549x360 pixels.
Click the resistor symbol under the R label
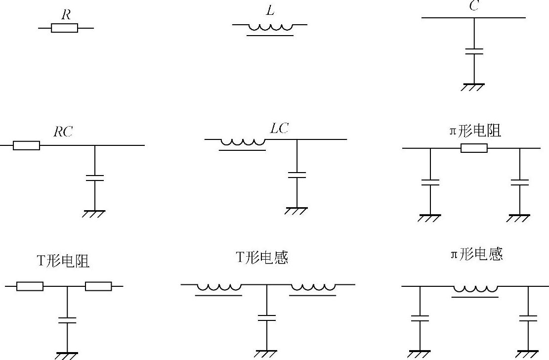pyautogui.click(x=65, y=28)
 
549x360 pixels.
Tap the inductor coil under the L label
pyautogui.click(x=270, y=28)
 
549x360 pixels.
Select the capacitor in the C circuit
pyautogui.click(x=474, y=51)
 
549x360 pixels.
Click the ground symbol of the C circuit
pyautogui.click(x=473, y=87)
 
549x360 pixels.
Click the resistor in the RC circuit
pyautogui.click(x=26, y=145)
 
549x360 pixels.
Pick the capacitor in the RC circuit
pyautogui.click(x=95, y=178)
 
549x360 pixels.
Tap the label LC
pyautogui.click(x=280, y=129)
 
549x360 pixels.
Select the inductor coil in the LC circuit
pyautogui.click(x=243, y=143)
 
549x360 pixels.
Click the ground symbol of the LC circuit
pyautogui.click(x=296, y=211)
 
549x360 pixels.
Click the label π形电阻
pyautogui.click(x=474, y=131)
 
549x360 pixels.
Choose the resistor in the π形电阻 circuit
pyautogui.click(x=474, y=148)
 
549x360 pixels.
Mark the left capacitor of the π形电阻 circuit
pyautogui.click(x=430, y=181)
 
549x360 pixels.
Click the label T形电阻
pyautogui.click(x=63, y=261)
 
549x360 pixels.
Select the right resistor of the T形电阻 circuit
pyautogui.click(x=98, y=286)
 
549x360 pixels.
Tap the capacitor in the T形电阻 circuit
pyautogui.click(x=67, y=319)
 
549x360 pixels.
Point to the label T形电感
pyautogui.click(x=262, y=258)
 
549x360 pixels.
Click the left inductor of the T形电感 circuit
pyautogui.click(x=219, y=288)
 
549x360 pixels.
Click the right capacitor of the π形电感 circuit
pyautogui.click(x=528, y=317)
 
